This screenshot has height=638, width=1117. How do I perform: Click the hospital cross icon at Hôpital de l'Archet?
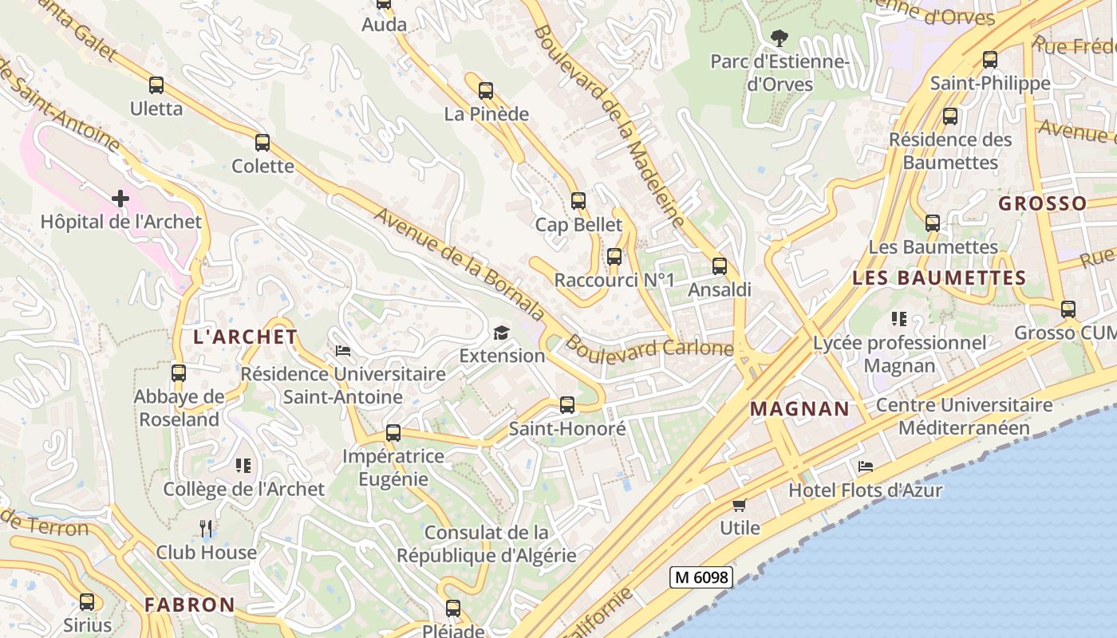point(120,198)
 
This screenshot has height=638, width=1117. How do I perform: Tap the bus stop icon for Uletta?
point(156,85)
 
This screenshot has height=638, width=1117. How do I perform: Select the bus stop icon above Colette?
point(262,143)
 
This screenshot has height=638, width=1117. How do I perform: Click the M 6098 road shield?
point(701,577)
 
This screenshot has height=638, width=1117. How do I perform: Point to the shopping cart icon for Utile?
point(740,505)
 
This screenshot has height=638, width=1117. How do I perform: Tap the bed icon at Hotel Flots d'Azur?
point(866,467)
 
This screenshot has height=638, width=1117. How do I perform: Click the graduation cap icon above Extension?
point(501,333)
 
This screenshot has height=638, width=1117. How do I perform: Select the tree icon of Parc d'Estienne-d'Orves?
point(780,37)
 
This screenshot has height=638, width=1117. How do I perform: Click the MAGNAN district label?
point(800,409)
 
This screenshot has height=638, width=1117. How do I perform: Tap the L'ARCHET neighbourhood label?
point(246,337)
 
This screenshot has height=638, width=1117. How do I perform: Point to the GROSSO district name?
point(1043,203)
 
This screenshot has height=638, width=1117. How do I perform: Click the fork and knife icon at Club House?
point(206,528)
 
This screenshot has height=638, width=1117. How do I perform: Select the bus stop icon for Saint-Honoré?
point(567,405)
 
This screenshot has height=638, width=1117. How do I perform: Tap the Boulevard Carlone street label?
point(649,349)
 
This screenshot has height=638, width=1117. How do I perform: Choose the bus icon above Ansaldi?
point(720,266)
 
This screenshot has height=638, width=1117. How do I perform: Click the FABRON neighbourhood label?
point(190,605)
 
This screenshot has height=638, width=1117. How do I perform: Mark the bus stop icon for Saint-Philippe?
point(990,60)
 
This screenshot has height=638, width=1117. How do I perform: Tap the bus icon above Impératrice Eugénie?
point(393,433)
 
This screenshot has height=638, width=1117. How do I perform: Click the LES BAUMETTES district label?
point(939,278)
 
